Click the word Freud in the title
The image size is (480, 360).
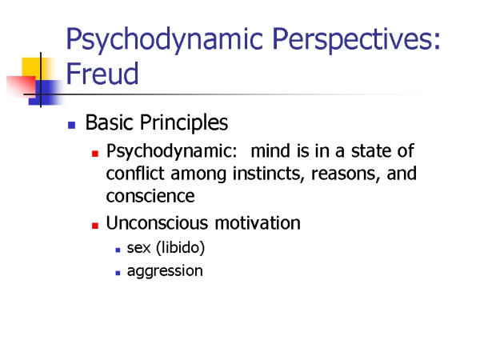[102, 73]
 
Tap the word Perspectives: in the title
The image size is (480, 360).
[356, 40]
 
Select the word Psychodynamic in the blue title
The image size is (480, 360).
[164, 40]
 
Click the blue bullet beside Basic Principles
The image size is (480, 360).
[72, 125]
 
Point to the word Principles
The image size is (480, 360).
[184, 123]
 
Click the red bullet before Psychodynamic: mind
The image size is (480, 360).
[95, 154]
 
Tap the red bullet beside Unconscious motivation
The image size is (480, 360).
[95, 226]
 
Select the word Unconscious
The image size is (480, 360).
[157, 222]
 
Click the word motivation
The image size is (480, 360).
[258, 222]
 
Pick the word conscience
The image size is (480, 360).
[150, 196]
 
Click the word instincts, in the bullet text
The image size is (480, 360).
[269, 174]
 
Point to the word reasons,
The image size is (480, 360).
[346, 174]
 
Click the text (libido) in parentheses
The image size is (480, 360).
[180, 248]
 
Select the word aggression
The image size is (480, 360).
[165, 271]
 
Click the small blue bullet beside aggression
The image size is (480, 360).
[118, 273]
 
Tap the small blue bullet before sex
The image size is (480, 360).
[118, 250]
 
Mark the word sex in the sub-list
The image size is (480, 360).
[138, 248]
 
